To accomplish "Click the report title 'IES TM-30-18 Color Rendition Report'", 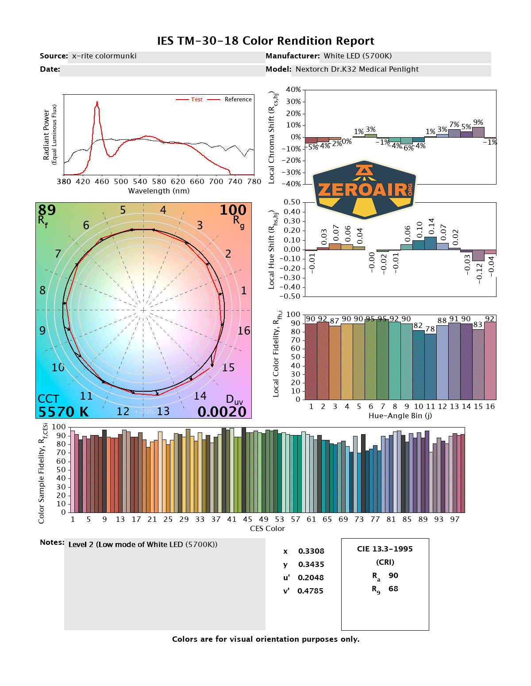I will click(x=265, y=41).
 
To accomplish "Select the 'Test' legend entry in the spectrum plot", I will click(x=196, y=100).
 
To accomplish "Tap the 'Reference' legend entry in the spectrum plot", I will click(x=238, y=100).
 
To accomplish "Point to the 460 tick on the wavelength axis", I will click(x=102, y=181).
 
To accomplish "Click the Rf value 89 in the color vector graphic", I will click(x=47, y=210).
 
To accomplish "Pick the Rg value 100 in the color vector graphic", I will click(x=233, y=210).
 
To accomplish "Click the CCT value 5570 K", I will click(x=63, y=412).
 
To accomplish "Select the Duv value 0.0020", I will click(x=222, y=412).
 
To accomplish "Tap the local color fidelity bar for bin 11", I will click(x=431, y=367).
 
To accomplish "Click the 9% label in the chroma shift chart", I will click(x=478, y=123).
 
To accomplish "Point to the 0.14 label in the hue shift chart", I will click(x=431, y=227).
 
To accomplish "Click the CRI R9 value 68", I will click(x=393, y=589).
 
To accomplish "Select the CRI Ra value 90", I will click(x=393, y=575).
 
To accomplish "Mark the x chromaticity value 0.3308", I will click(x=311, y=551).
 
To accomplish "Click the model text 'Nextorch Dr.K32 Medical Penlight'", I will click(x=357, y=69).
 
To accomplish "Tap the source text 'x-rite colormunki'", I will click(x=104, y=56).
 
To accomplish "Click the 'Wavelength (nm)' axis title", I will click(x=159, y=191).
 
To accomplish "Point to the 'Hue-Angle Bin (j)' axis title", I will click(x=400, y=416).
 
